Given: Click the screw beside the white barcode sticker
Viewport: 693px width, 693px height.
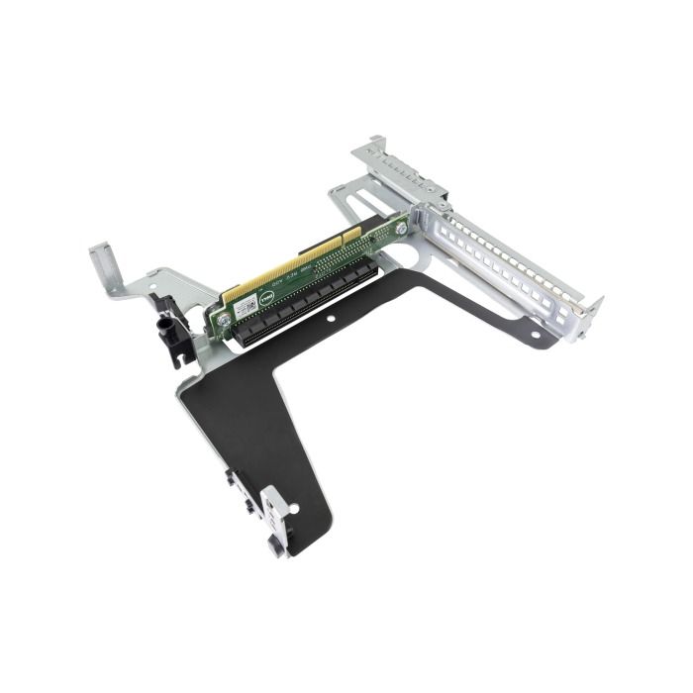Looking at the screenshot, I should click(225, 319).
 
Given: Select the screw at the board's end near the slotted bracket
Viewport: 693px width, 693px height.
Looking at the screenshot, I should click(401, 230).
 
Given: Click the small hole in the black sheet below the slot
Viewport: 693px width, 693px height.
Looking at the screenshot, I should click(333, 322).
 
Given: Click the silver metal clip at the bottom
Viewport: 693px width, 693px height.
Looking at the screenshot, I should click(277, 517).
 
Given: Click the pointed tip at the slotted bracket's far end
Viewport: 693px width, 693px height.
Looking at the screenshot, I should click(595, 302).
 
